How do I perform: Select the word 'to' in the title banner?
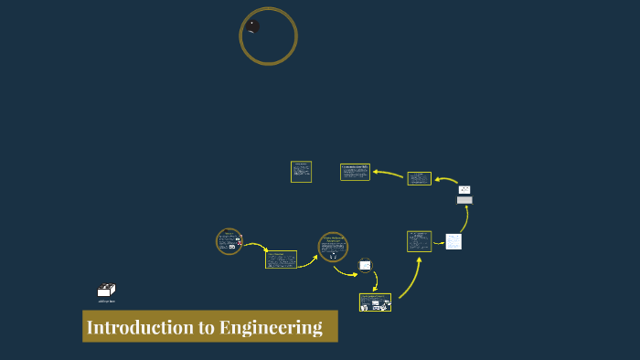pos(201,327)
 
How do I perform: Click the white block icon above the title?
pos(106,291)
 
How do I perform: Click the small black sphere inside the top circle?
pos(253,26)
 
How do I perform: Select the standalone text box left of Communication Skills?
pos(301,172)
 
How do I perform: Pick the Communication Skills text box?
pos(355,172)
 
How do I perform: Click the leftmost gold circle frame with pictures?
pos(229,241)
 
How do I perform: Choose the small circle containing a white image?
pos(365,265)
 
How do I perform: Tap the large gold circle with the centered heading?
pos(333,247)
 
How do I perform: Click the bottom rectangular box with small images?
pos(375,302)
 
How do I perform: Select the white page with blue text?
pos(453,242)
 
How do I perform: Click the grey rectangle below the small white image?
pos(464,200)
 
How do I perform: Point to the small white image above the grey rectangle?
pos(464,190)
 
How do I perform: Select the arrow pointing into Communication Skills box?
pos(389,173)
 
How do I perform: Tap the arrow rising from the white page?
pos(464,219)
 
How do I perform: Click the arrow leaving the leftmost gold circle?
pos(255,247)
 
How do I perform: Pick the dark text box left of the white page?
pos(419,241)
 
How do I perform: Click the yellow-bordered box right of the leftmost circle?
pos(281,259)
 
